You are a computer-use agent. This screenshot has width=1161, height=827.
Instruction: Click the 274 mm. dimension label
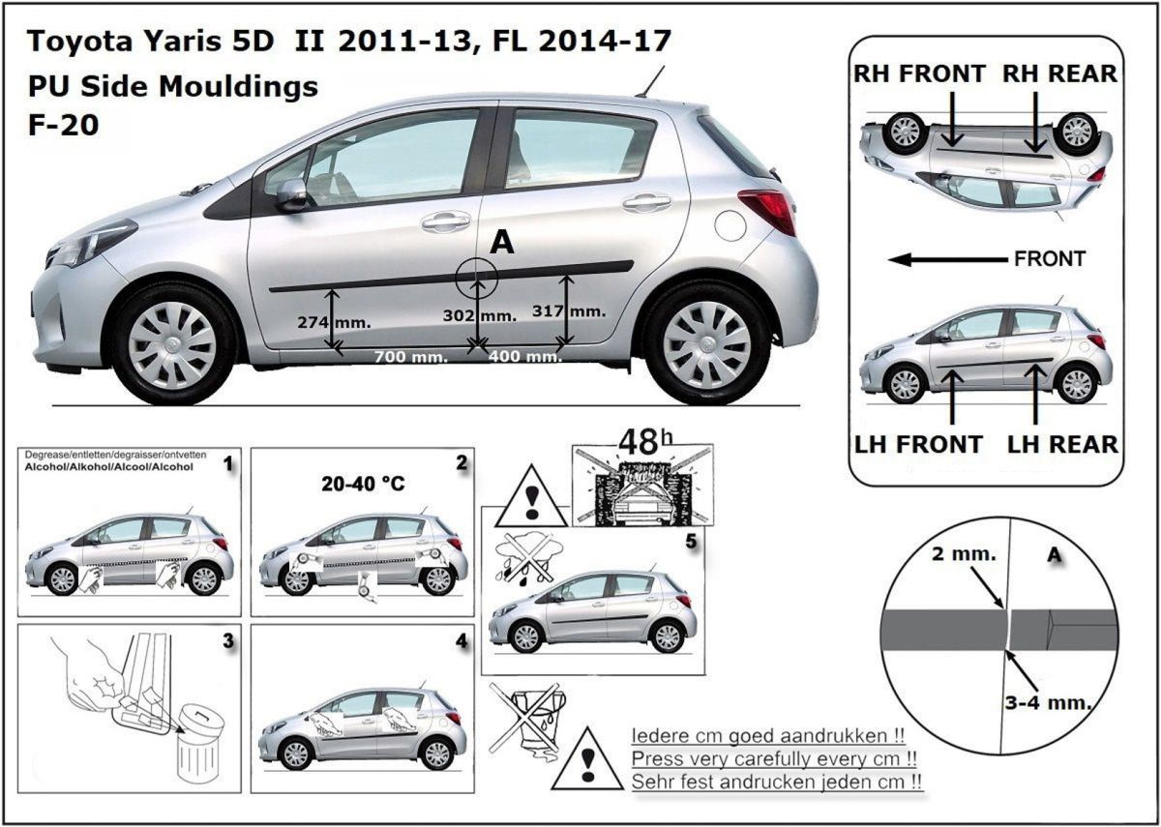347,321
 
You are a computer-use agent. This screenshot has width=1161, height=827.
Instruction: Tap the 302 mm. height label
479,315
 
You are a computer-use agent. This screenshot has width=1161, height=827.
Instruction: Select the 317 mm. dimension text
569,310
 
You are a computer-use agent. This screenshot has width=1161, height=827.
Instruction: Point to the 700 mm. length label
410,357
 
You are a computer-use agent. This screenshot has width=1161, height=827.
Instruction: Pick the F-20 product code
63,125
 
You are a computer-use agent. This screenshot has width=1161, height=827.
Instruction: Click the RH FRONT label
919,74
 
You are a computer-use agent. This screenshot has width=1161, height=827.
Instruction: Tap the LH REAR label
1062,444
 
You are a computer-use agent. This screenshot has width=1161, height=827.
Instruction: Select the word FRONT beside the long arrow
1050,259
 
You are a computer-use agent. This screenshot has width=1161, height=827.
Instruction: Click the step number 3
227,640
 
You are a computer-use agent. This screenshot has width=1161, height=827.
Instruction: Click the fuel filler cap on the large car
731,225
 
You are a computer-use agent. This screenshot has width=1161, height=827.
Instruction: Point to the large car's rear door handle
646,203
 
